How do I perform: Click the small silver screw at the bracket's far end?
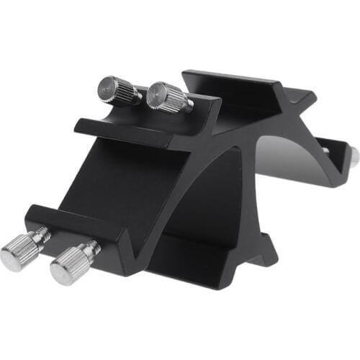(x=354, y=156)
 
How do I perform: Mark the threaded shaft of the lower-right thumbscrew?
(x=91, y=249)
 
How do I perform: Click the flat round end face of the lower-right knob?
(x=61, y=271)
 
